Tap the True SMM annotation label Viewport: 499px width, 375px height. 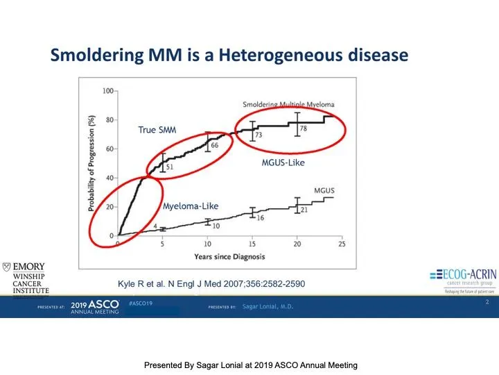[x=157, y=130]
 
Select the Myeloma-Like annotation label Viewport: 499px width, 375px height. [x=190, y=206]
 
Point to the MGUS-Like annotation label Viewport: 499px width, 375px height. [x=278, y=164]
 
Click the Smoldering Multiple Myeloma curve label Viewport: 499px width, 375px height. [x=288, y=104]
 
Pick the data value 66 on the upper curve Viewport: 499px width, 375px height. [x=214, y=145]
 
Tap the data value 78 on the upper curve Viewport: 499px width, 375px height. [x=304, y=129]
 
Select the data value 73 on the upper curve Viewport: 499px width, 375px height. [x=259, y=135]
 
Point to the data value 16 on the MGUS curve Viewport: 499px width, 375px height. [x=259, y=218]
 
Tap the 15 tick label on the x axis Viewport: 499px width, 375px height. [x=252, y=244]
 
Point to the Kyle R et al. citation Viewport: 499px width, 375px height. [x=211, y=283]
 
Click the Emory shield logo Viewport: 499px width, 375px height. [x=7, y=267]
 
